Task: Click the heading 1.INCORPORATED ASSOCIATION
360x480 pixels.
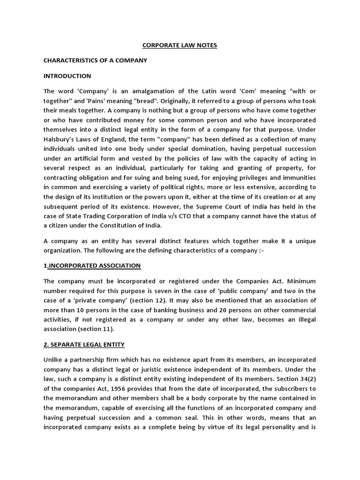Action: [92, 266]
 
